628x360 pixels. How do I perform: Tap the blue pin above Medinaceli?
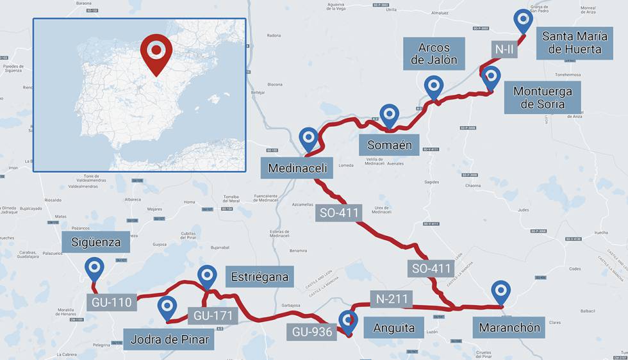click(x=309, y=138)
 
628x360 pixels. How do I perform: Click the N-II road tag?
click(x=504, y=49)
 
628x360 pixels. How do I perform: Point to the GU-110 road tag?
click(x=111, y=302)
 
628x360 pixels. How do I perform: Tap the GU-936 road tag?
click(x=312, y=331)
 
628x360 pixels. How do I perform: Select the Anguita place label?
click(x=394, y=328)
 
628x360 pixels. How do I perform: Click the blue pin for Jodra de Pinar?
click(x=167, y=307)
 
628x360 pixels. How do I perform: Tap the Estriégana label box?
click(x=260, y=277)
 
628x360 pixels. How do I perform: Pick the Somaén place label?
click(x=389, y=145)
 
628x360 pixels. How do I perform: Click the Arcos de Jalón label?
click(x=434, y=53)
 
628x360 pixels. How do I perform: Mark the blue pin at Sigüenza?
click(x=95, y=267)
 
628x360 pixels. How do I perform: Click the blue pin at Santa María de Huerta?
click(x=524, y=20)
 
